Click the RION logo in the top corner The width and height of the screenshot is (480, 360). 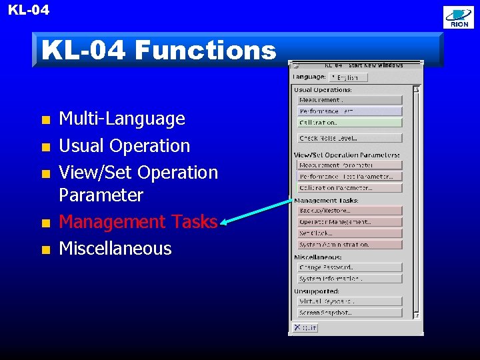point(459,18)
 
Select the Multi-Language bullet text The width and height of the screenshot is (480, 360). point(122,119)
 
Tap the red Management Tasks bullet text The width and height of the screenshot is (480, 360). point(138,222)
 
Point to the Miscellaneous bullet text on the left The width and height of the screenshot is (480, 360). point(115,249)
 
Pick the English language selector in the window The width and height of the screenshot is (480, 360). point(347,77)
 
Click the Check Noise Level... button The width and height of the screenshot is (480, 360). point(349,138)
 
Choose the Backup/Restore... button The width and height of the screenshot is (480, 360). point(349,211)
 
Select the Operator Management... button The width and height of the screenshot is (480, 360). point(349,222)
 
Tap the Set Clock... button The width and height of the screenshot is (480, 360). point(349,233)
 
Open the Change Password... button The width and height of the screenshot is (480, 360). point(349,267)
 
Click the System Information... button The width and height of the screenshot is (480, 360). point(349,279)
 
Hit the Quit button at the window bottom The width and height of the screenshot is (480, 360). point(306,327)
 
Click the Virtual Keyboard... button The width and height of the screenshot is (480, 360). point(349,301)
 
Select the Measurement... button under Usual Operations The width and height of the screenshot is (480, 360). point(349,100)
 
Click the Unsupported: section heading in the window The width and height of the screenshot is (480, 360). point(317,291)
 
